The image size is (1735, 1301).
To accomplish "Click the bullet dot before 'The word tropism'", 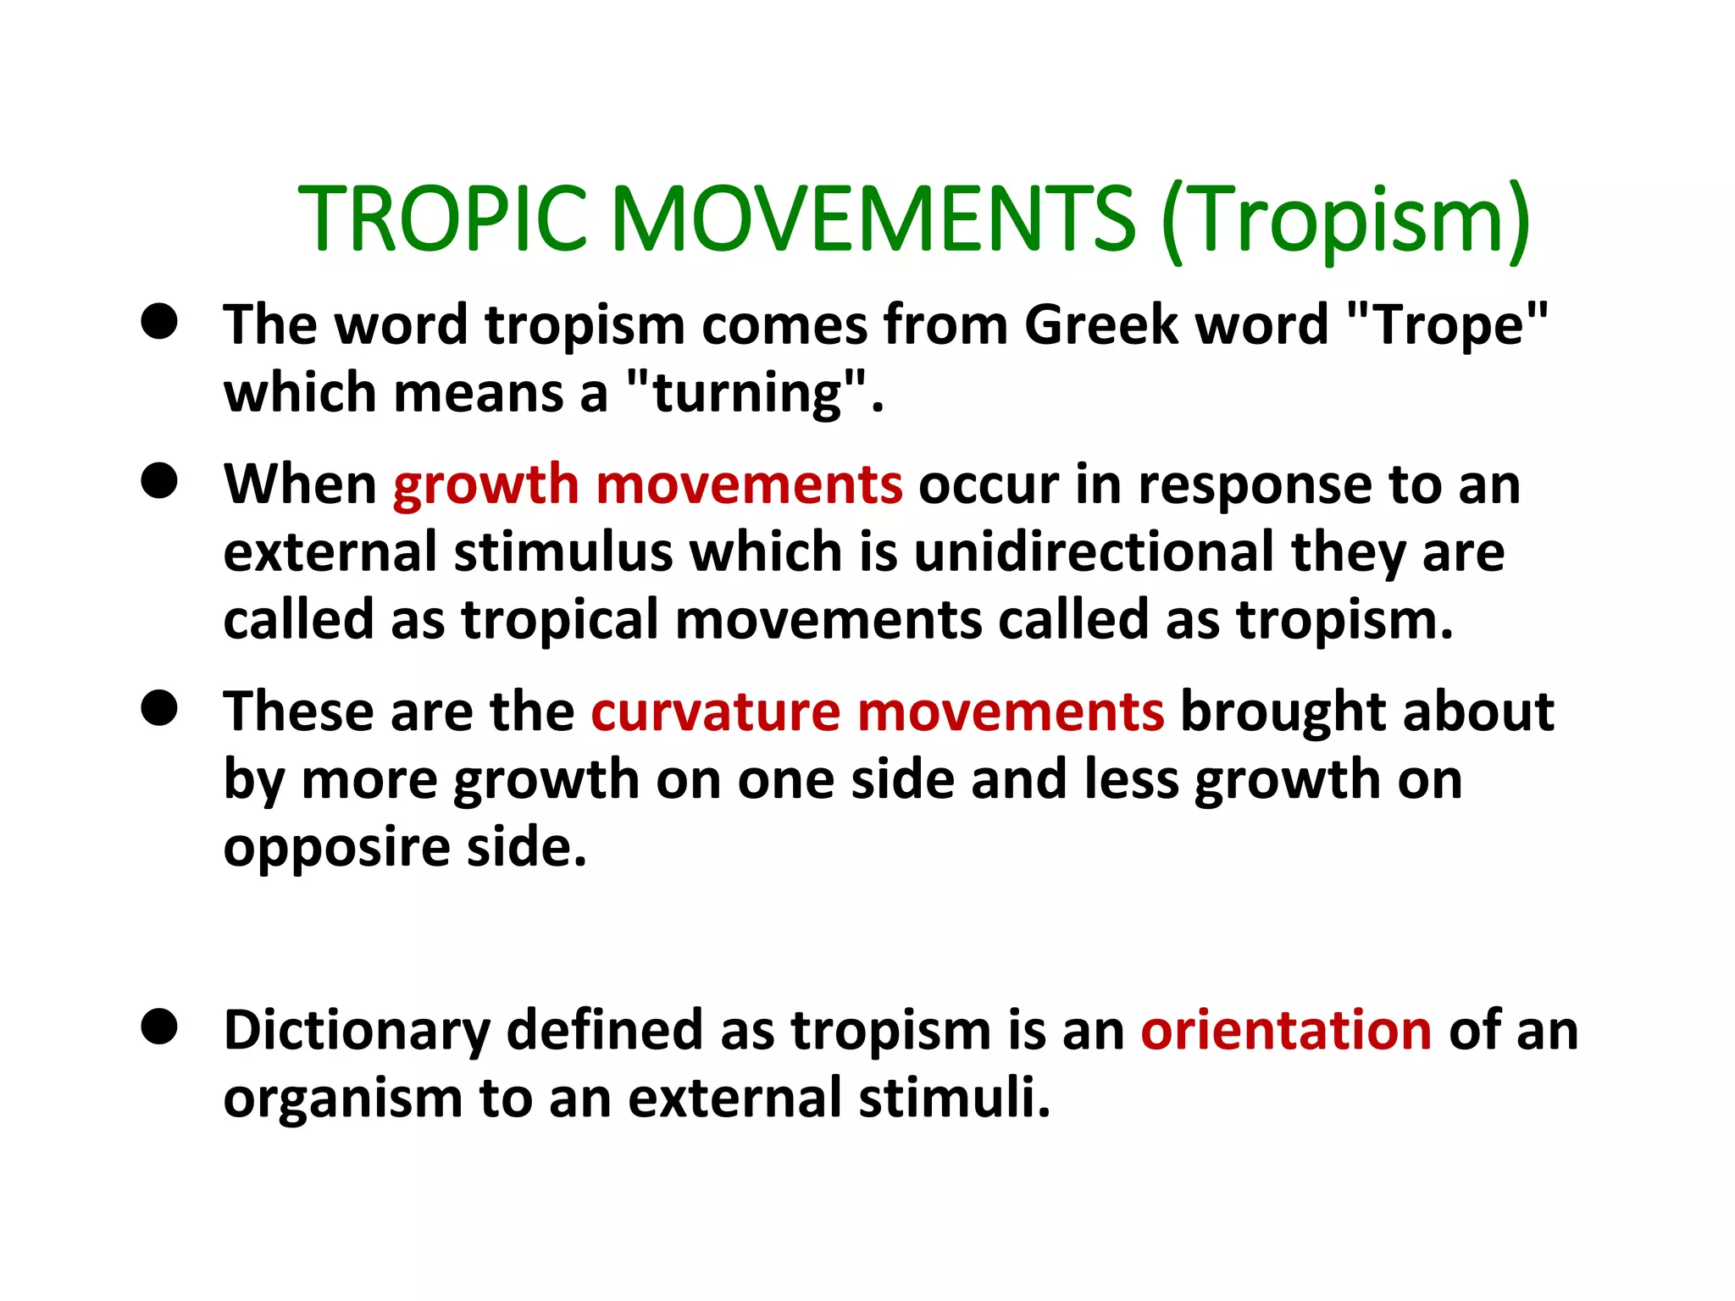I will click(159, 323).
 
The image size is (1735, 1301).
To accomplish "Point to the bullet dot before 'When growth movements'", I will click(159, 481).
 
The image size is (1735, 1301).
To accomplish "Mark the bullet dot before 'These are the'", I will click(159, 708).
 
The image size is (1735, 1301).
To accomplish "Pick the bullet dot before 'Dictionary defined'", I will click(159, 1027).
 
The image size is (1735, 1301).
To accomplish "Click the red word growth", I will click(485, 484).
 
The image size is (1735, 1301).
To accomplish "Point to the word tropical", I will click(559, 620).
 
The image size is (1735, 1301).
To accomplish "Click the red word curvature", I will click(715, 711).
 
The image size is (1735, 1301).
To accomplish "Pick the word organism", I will click(342, 1099).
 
